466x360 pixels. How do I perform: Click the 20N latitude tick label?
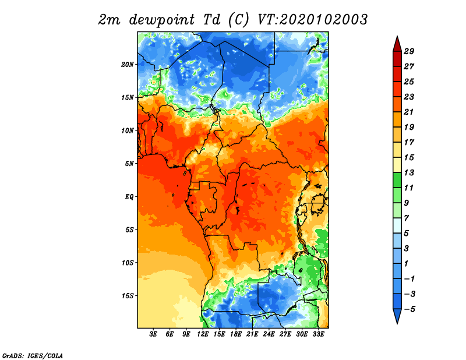128,65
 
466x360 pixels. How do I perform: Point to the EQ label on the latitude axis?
129,197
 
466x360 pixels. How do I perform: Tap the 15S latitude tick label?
128,296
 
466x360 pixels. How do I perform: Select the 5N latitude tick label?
129,164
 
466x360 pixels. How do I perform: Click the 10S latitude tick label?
128,263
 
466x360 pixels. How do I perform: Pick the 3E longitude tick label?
153,334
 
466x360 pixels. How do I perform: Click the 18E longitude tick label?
236,334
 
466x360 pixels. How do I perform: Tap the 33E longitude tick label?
318,334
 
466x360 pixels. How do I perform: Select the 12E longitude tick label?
203,334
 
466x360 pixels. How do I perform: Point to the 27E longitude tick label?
285,334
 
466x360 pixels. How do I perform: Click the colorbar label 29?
409,51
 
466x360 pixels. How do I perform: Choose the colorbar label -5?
409,309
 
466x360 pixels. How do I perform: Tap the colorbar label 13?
409,172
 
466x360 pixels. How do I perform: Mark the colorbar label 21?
409,112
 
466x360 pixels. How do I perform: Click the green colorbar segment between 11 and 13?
397,180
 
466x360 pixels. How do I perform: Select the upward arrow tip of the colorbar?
397,36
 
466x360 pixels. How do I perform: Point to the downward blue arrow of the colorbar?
397,316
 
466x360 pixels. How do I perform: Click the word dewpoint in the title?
162,20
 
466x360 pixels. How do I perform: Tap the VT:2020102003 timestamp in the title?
312,20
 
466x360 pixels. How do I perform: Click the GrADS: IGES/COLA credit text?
33,356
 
